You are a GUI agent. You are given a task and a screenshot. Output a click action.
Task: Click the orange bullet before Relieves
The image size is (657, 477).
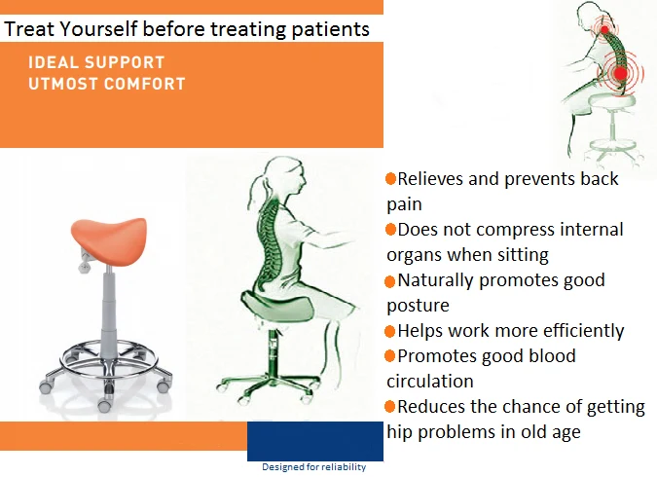coord(390,179)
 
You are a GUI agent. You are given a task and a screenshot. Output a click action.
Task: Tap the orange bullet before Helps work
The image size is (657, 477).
coord(390,331)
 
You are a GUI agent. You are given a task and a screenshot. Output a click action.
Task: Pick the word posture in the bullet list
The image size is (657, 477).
coord(418,306)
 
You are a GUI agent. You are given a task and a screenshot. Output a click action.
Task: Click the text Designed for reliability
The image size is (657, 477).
coord(313,467)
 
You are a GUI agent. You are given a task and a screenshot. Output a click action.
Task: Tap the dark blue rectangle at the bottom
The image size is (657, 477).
coord(314,440)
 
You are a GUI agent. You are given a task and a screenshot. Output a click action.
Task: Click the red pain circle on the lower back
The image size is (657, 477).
coord(620,72)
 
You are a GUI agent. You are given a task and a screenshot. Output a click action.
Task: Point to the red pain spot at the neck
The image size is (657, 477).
coord(605,29)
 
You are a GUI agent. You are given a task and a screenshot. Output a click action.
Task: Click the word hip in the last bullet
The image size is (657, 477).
coord(400,431)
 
